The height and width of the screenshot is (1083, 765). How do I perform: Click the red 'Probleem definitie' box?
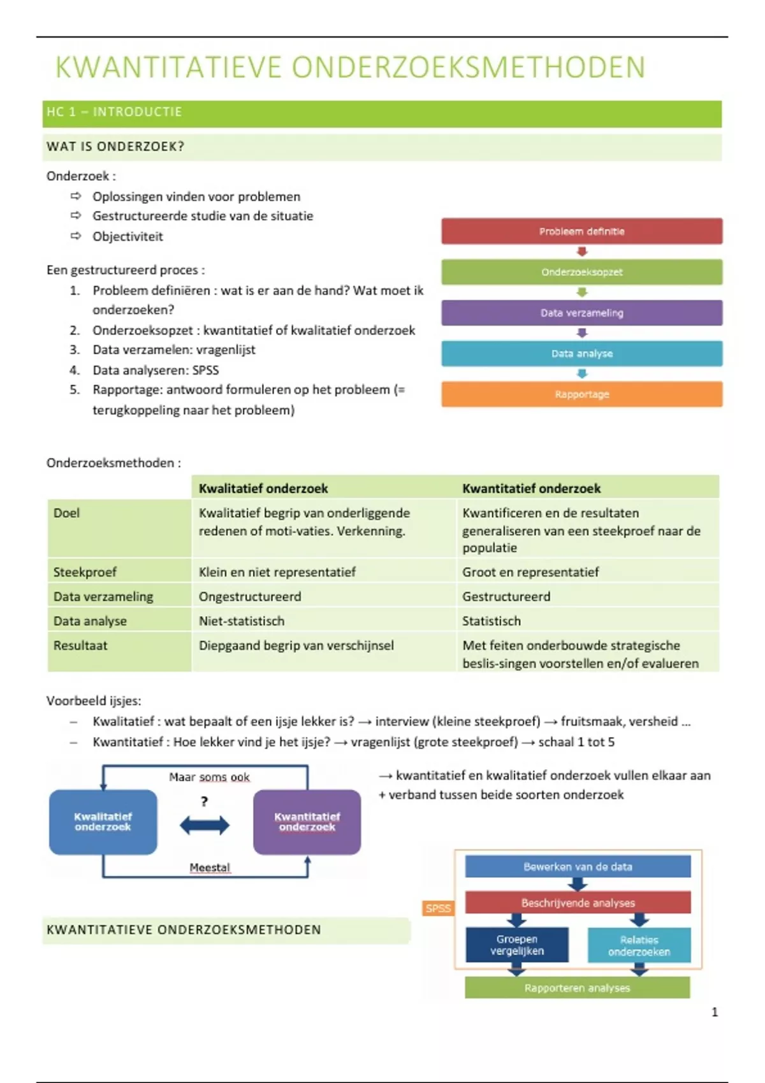[581, 231]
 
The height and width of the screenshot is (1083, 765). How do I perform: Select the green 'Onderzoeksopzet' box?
[581, 272]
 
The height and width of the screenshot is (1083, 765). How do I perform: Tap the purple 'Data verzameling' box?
[581, 313]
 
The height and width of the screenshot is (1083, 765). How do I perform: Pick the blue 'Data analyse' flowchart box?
[581, 354]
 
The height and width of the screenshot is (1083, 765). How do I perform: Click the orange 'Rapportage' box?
[581, 394]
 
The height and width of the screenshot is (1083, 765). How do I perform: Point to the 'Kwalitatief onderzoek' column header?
[263, 489]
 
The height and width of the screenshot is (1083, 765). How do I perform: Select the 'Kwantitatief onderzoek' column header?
[531, 489]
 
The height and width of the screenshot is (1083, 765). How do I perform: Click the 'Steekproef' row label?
[85, 572]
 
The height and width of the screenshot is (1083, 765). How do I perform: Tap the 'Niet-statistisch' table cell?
[242, 621]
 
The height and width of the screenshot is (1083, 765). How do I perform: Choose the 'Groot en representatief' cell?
[530, 572]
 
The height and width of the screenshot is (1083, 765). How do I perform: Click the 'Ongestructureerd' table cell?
[250, 597]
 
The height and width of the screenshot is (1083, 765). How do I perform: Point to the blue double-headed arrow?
[204, 826]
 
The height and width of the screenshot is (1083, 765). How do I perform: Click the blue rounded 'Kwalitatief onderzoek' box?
[103, 822]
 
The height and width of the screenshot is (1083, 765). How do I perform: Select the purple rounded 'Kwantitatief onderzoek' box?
[307, 822]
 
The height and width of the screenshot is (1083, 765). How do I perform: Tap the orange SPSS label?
[438, 908]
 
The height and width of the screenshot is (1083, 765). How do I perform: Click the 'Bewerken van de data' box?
[578, 866]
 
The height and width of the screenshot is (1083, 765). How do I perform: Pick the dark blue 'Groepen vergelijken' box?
[516, 945]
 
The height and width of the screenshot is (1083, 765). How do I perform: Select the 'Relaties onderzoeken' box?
[639, 945]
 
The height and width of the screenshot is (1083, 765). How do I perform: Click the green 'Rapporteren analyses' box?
[577, 988]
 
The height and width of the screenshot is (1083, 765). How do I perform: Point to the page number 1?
[715, 1012]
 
